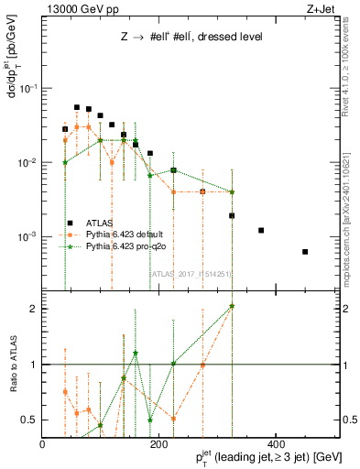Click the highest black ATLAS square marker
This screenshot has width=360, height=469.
(77, 107)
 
